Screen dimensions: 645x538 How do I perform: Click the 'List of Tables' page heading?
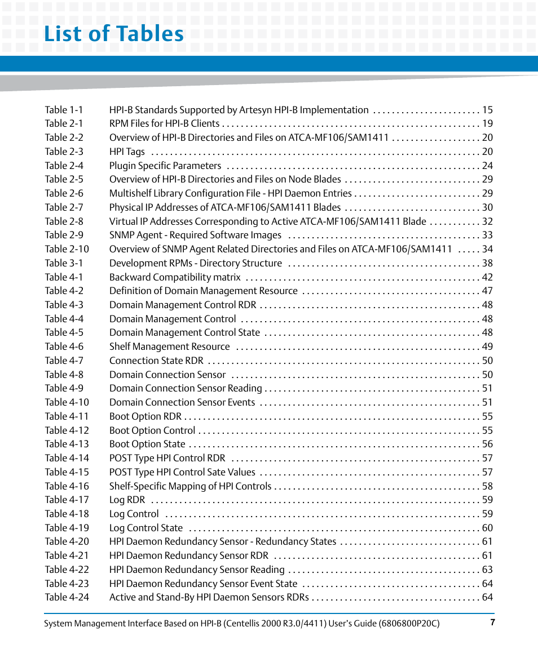coord(114,34)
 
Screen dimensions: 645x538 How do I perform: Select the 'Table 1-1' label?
coord(64,110)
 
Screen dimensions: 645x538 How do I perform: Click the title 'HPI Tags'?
coord(127,152)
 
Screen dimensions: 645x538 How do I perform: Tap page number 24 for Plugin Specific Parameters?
coord(487,166)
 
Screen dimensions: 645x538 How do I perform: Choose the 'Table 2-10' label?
coord(67,249)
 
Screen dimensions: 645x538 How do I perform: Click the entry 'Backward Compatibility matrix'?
coord(175,277)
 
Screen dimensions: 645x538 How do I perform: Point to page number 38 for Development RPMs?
coord(487,263)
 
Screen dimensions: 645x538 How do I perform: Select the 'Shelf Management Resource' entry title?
coord(169,346)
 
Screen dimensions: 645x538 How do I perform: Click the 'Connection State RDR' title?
coord(156,361)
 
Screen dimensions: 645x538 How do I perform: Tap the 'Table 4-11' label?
coord(67,416)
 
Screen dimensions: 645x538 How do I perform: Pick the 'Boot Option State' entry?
coord(147,444)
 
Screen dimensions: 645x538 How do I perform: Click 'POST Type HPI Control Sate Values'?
coord(182,472)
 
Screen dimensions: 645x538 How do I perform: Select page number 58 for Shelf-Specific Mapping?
coord(487,486)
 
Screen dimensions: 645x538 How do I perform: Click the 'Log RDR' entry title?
coord(127,500)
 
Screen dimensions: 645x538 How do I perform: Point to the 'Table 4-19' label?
coord(67,528)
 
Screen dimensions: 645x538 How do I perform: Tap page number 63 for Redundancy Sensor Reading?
coord(487,570)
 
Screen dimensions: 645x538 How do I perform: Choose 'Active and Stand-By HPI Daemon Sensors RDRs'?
coord(209,597)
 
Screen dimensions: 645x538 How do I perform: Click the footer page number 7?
coord(492,622)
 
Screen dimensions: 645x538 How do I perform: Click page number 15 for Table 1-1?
coord(487,110)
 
